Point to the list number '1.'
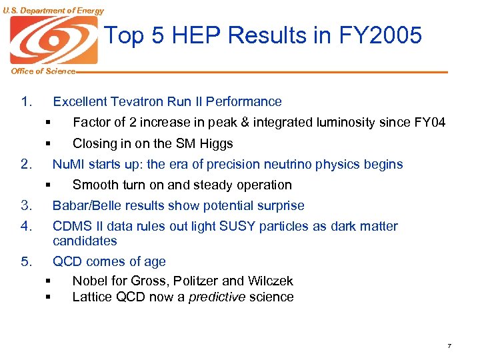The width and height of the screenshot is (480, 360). click(x=27, y=102)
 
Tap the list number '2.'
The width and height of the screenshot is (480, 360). click(x=27, y=164)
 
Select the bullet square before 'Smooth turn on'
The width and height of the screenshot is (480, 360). click(x=49, y=185)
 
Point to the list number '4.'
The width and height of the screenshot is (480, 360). click(x=27, y=227)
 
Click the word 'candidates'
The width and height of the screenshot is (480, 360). click(x=85, y=241)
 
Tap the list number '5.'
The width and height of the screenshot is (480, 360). click(x=27, y=261)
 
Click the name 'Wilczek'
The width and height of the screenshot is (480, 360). click(x=268, y=281)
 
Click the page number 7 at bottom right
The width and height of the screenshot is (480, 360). click(x=449, y=346)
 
